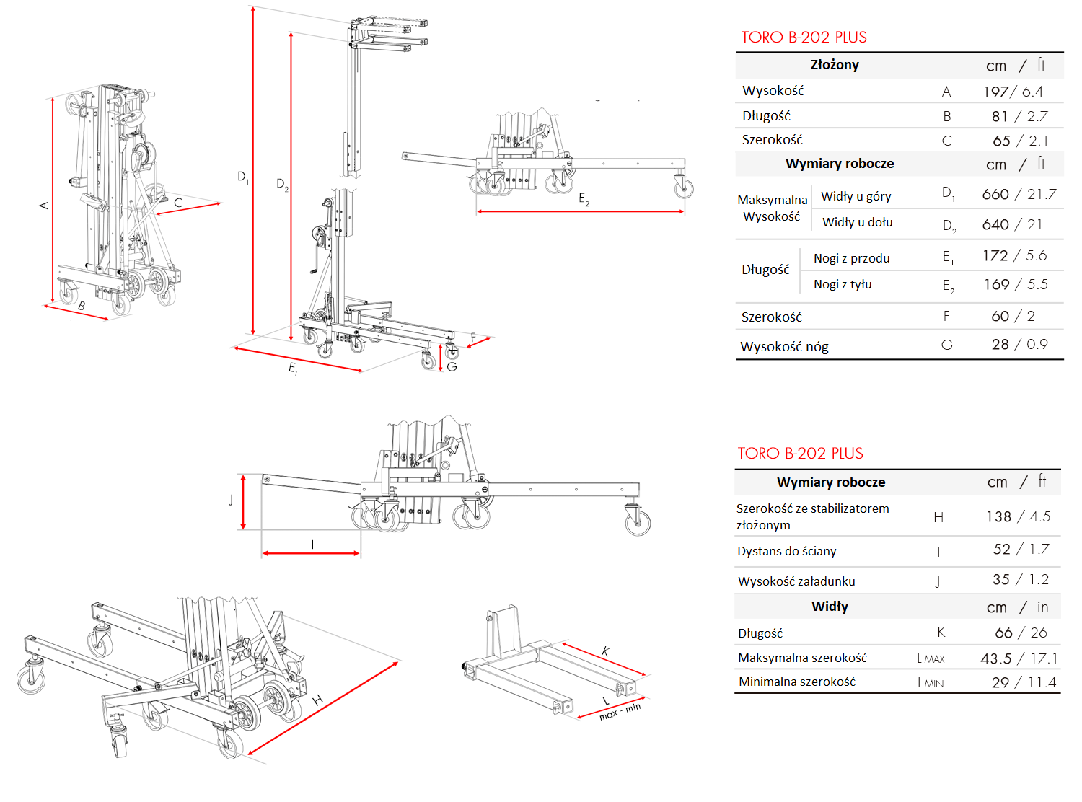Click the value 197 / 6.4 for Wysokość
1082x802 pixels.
tap(1012, 92)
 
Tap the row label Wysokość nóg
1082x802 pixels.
tap(784, 347)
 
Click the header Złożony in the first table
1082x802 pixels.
tap(835, 65)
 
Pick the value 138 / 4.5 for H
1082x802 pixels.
tap(1018, 516)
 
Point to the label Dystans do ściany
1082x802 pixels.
tap(786, 551)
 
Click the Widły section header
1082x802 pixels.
tap(830, 607)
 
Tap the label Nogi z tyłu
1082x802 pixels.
tap(843, 284)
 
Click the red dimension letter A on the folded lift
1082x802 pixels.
tap(44, 206)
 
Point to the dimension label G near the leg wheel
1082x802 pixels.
tap(452, 366)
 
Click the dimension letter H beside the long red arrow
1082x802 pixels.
tap(317, 700)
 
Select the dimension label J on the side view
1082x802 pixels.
tap(231, 500)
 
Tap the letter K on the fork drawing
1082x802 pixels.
tap(606, 651)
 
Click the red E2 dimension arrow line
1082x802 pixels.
tap(580, 212)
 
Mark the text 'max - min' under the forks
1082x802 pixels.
tap(620, 712)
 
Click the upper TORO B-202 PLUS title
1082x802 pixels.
tap(804, 38)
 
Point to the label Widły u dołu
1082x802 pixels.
tap(857, 222)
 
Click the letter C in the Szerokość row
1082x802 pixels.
tap(947, 141)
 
